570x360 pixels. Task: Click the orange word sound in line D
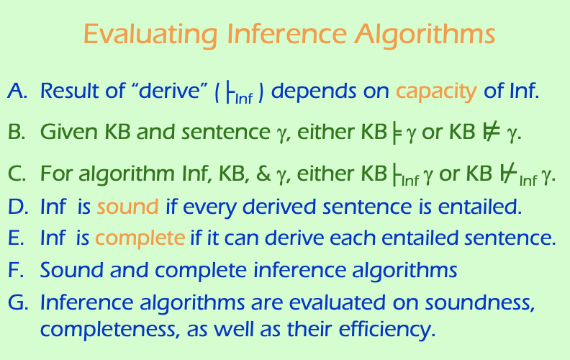(127, 207)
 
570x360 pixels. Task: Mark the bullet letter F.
(17, 270)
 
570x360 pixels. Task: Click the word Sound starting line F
(68, 270)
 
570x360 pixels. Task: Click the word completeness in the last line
(106, 331)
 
